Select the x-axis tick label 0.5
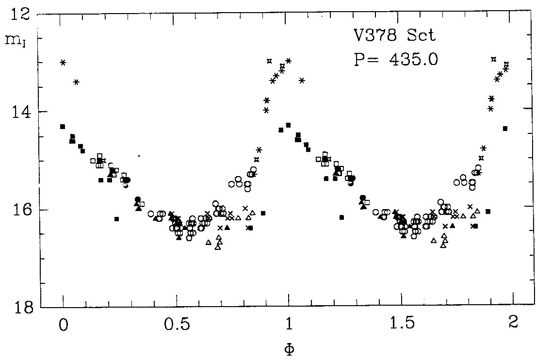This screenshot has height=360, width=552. [x=176, y=324]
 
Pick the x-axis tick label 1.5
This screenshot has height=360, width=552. [x=401, y=324]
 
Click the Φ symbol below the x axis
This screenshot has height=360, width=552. [x=290, y=348]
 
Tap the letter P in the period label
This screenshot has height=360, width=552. [x=359, y=59]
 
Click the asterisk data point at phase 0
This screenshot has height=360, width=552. [x=63, y=63]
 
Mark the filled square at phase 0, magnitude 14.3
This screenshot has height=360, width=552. [x=63, y=127]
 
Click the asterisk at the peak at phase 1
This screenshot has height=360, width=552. [x=289, y=61]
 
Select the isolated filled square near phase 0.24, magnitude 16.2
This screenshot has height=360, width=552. [x=116, y=219]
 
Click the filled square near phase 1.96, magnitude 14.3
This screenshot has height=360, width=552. [x=505, y=128]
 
